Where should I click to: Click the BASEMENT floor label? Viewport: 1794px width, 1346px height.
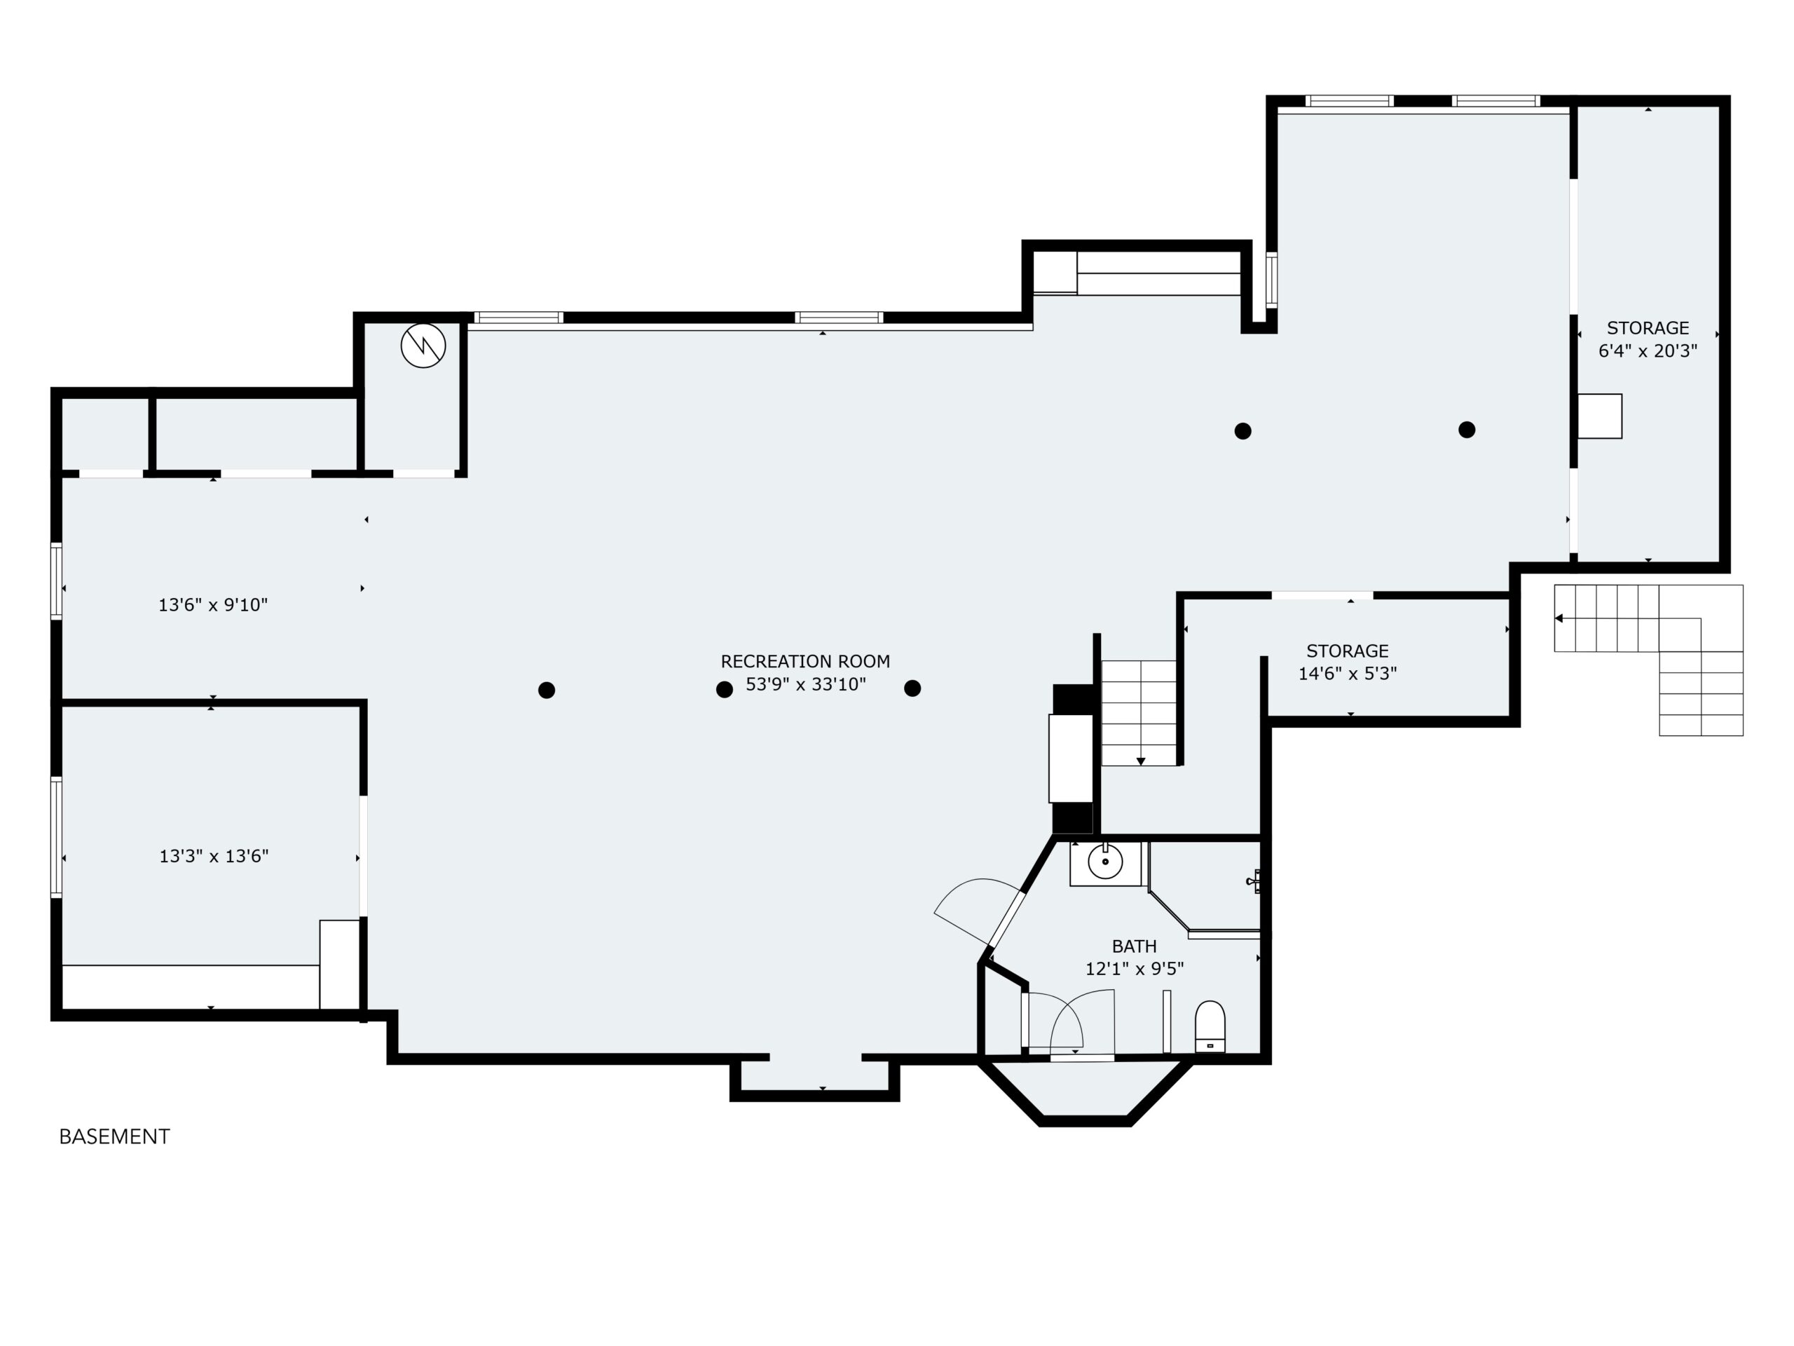pyautogui.click(x=114, y=1136)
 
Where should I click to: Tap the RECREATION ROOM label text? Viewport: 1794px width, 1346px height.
pyautogui.click(x=805, y=661)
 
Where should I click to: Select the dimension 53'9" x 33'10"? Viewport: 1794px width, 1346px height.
pyautogui.click(x=805, y=685)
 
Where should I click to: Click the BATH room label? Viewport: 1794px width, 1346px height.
pyautogui.click(x=1134, y=946)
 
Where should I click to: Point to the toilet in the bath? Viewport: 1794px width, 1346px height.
pyautogui.click(x=1210, y=1026)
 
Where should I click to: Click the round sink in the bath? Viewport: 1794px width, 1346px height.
pyautogui.click(x=1104, y=862)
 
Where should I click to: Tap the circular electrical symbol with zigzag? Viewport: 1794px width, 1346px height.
pyautogui.click(x=423, y=346)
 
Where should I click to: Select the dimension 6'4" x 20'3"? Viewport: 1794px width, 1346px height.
pyautogui.click(x=1648, y=351)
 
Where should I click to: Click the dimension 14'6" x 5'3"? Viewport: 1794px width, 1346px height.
pyautogui.click(x=1347, y=674)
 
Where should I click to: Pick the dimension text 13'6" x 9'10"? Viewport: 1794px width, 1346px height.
pyautogui.click(x=212, y=605)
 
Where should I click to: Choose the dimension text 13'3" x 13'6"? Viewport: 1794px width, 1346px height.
pyautogui.click(x=213, y=857)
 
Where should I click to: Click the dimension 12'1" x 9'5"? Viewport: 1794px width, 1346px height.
pyautogui.click(x=1134, y=969)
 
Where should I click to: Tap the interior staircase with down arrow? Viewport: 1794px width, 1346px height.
pyautogui.click(x=1139, y=712)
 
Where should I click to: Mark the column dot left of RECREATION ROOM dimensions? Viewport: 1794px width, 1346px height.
pyautogui.click(x=724, y=690)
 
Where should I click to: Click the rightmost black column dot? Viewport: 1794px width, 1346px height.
pyautogui.click(x=1466, y=430)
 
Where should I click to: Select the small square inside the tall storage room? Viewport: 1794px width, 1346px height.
pyautogui.click(x=1599, y=416)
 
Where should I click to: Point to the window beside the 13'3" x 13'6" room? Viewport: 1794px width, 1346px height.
pyautogui.click(x=56, y=837)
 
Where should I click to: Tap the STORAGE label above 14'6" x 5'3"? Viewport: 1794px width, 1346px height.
pyautogui.click(x=1347, y=651)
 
